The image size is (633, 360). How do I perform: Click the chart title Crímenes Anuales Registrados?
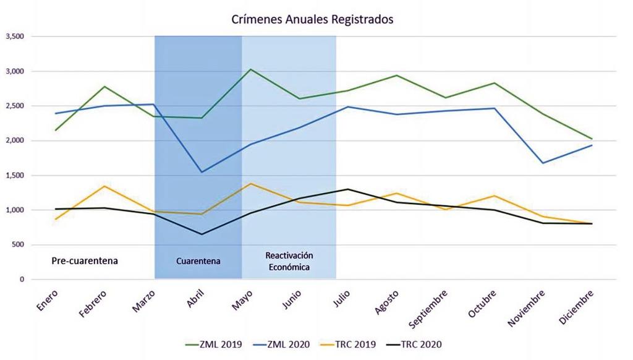click(x=312, y=19)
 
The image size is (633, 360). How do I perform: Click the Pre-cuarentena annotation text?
click(x=84, y=260)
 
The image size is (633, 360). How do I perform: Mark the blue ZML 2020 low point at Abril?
click(x=202, y=172)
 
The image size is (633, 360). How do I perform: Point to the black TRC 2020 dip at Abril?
click(x=202, y=234)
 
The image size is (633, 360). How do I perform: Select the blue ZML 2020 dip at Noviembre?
click(x=543, y=163)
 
